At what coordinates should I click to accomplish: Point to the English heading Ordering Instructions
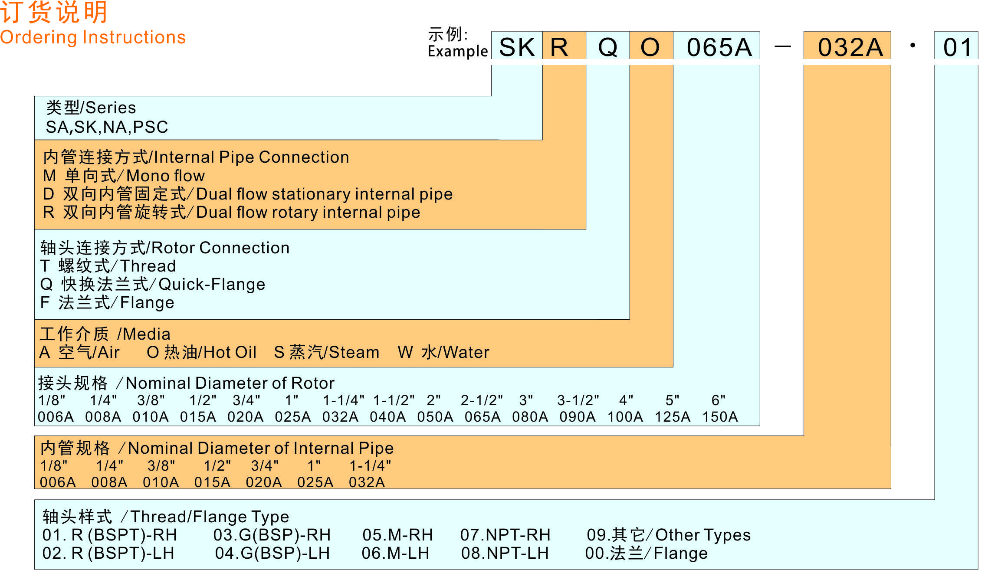(x=93, y=37)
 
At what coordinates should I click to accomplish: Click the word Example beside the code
(x=458, y=51)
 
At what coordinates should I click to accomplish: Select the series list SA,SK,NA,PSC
(x=107, y=127)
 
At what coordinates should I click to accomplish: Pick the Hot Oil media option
(x=202, y=352)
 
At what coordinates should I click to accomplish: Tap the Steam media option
(x=327, y=352)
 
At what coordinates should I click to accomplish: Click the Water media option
(x=443, y=352)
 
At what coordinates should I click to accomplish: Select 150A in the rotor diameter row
(x=720, y=417)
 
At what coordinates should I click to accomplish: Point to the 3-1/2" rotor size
(x=578, y=400)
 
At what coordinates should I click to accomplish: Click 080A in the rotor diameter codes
(x=530, y=417)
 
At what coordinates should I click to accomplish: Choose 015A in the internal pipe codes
(x=212, y=482)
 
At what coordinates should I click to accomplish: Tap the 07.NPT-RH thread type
(x=505, y=535)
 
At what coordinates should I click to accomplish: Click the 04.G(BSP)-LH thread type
(x=272, y=553)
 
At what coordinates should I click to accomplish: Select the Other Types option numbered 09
(x=668, y=535)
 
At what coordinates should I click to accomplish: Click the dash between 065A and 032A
(x=782, y=46)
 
